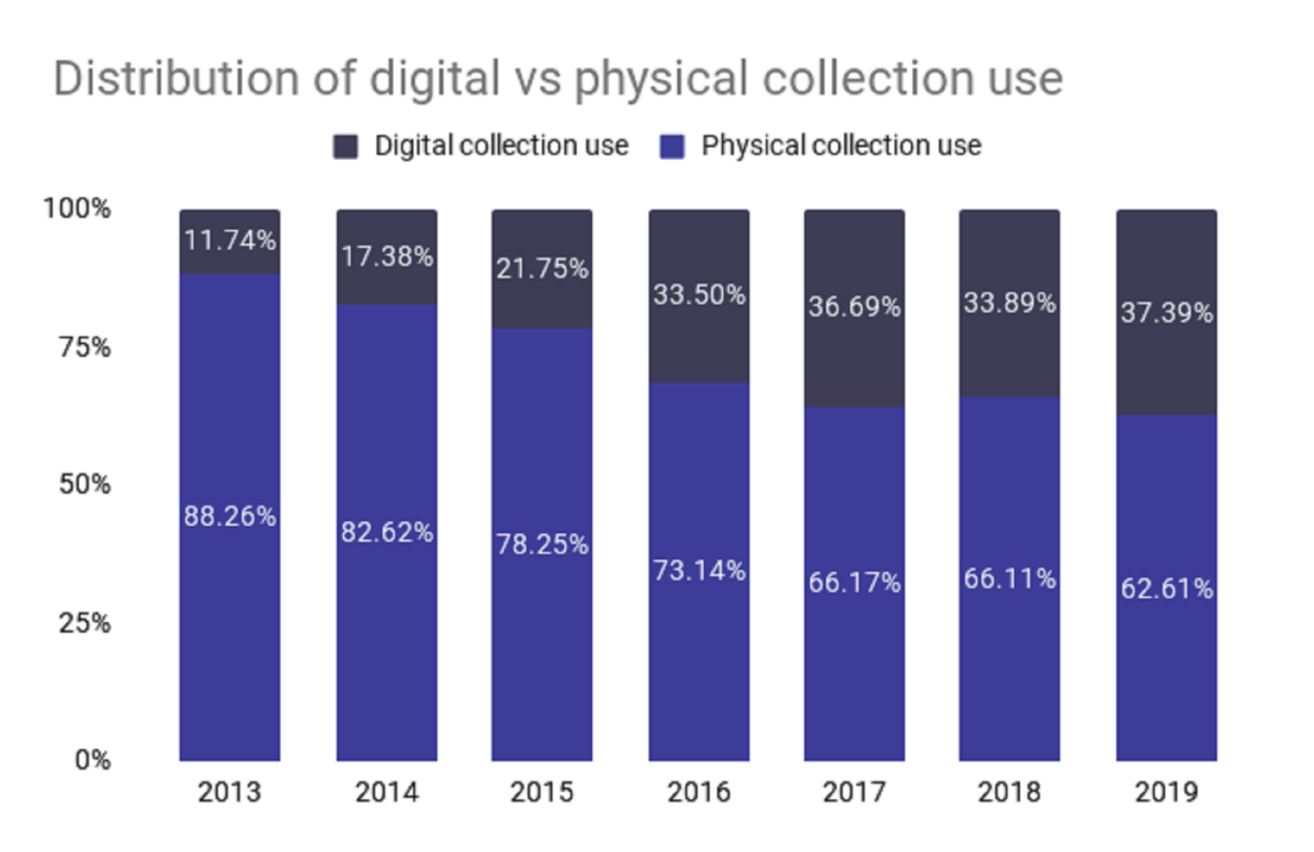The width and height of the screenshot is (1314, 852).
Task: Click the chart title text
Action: (x=558, y=79)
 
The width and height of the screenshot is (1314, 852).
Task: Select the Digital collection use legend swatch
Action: (x=346, y=146)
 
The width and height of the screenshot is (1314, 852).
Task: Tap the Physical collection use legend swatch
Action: (x=672, y=146)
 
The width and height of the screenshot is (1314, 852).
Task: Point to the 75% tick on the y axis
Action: (x=84, y=347)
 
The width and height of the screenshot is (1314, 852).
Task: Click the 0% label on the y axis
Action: (x=92, y=760)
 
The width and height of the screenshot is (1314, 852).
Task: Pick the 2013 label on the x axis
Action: (x=229, y=792)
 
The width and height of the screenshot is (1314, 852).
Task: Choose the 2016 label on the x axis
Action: (x=699, y=792)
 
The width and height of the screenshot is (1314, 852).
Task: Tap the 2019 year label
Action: (x=1166, y=792)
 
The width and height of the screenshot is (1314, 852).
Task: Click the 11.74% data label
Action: (x=229, y=240)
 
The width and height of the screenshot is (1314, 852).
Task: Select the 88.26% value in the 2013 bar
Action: (x=229, y=517)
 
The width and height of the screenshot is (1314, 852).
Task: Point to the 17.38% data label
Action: (x=387, y=257)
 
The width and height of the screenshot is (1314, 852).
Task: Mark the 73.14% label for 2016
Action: (x=699, y=571)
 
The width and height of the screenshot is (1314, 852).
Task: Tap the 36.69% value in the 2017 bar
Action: (x=854, y=306)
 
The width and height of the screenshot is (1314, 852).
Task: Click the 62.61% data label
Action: (x=1166, y=589)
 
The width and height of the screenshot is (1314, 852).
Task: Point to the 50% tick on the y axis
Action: (x=84, y=484)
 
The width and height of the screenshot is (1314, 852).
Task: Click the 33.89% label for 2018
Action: (x=1009, y=303)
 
